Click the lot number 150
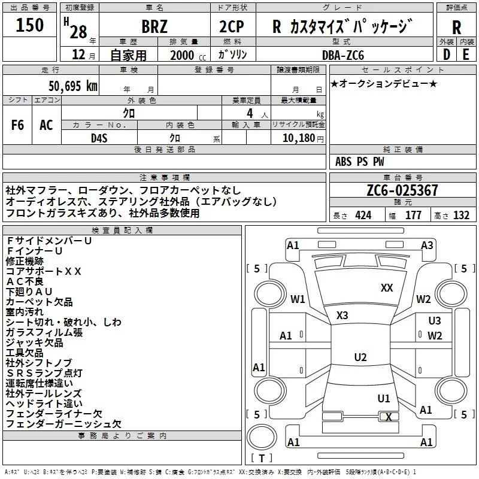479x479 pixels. (29, 25)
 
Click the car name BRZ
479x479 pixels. (154, 26)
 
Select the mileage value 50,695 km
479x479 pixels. (73, 86)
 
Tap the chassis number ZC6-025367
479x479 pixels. (402, 190)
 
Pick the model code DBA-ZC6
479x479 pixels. (343, 55)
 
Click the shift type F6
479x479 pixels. (17, 125)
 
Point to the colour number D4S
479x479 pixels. (99, 138)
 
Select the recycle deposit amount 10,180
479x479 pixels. (299, 138)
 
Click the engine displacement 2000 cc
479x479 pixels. (188, 55)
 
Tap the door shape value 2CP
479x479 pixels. (232, 26)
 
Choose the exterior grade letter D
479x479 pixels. (447, 54)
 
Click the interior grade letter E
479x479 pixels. (466, 54)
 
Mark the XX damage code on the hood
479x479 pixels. (387, 287)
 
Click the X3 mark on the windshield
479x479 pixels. (342, 316)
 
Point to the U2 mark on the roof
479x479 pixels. (360, 357)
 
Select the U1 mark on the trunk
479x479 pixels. (384, 398)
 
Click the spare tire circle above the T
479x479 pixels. (262, 437)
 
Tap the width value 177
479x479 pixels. (413, 215)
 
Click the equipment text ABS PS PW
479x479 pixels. (360, 161)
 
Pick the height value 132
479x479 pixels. (461, 215)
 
